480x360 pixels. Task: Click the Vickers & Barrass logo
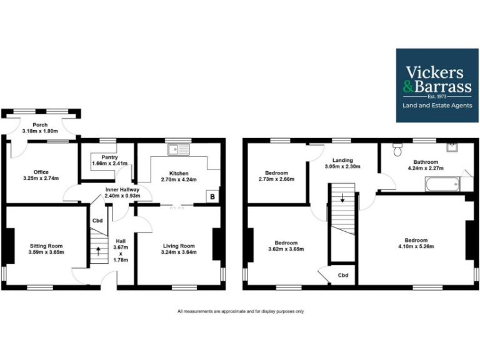[x=437, y=86]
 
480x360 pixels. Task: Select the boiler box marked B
[x=212, y=197]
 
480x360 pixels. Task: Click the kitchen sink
[x=178, y=149]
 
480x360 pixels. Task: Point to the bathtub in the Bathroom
[x=442, y=184]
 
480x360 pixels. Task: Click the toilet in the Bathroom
[x=396, y=150]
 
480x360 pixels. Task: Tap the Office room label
[x=41, y=172]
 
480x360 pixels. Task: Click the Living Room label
[x=179, y=246]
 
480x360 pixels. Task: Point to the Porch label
[x=40, y=125]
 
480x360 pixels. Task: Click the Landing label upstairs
[x=342, y=160]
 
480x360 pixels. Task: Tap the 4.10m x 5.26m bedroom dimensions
[x=416, y=247]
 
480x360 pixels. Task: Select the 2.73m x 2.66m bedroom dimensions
[x=276, y=179]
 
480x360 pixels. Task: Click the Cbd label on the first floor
[x=342, y=275]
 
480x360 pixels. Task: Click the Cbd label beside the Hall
[x=97, y=221]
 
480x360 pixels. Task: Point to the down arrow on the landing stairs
[x=342, y=200]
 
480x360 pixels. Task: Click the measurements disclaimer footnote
[x=241, y=311]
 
